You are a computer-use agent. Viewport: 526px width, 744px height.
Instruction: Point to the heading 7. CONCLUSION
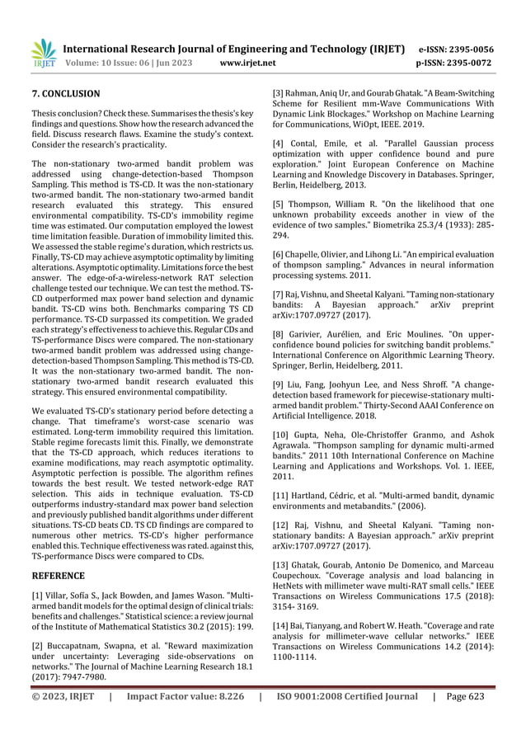[x=65, y=94]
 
